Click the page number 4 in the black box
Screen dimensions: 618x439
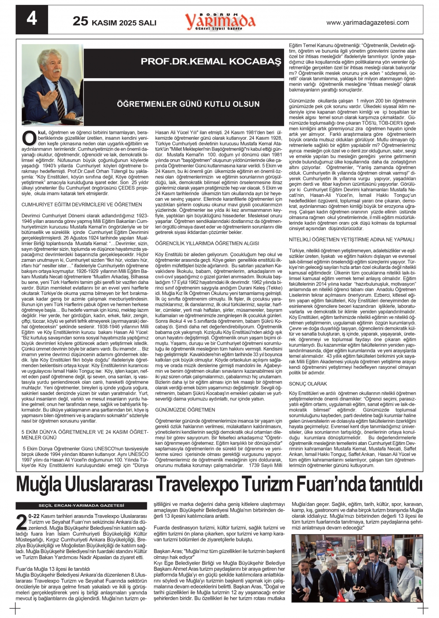[x=32, y=20]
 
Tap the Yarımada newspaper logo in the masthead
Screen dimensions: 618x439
[x=220, y=21]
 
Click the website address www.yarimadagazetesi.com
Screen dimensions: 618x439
[x=368, y=23]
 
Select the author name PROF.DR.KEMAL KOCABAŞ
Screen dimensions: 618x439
[x=210, y=62]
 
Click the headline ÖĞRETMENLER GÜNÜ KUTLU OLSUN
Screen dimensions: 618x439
[x=188, y=104]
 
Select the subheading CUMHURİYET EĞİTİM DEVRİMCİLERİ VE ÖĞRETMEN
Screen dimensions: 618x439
[x=82, y=205]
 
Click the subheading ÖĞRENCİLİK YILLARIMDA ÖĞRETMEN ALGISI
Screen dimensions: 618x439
[x=207, y=243]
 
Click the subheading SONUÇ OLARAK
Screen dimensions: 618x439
[x=308, y=384]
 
